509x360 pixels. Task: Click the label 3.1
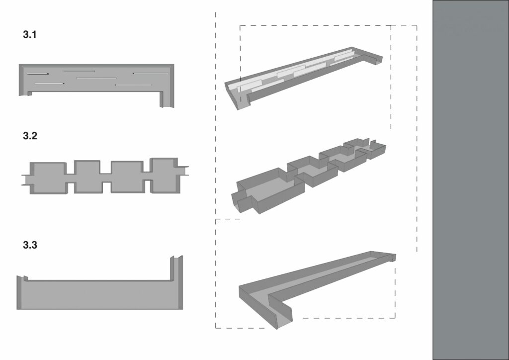coord(29,34)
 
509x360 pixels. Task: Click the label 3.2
coord(30,136)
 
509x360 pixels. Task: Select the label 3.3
coord(30,245)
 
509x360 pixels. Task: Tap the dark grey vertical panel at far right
coord(471,180)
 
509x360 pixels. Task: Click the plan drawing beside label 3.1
coord(96,78)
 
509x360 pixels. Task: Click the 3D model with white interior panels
coord(304,78)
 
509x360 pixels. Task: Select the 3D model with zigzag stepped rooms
coord(308,176)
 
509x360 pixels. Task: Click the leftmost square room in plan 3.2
coord(49,178)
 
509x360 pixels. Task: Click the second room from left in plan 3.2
coord(87,177)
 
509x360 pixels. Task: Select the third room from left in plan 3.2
coord(127,177)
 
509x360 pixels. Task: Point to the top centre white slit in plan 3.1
coord(79,71)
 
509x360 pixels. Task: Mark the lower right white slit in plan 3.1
coord(133,85)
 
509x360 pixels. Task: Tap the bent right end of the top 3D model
coord(373,60)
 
